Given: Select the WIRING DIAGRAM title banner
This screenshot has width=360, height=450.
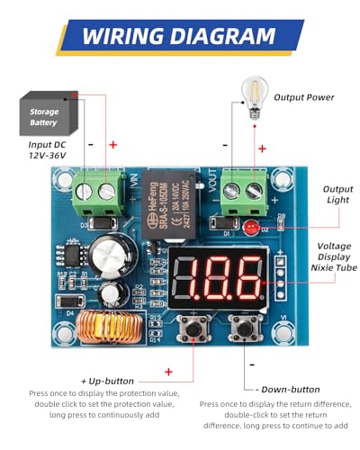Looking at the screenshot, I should pyautogui.click(x=179, y=37).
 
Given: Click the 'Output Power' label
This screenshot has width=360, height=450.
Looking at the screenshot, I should pyautogui.click(x=303, y=97).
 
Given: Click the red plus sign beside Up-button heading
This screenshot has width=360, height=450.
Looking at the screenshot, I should pyautogui.click(x=168, y=371).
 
